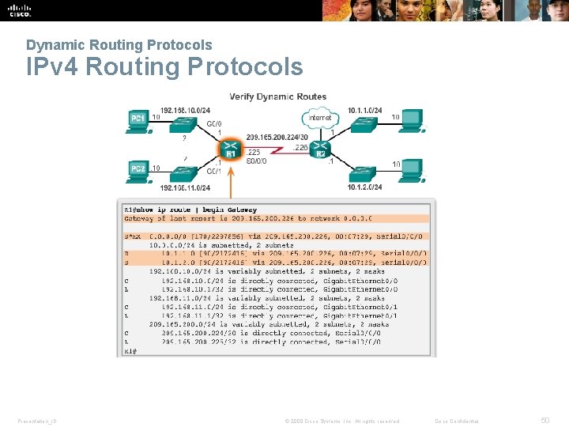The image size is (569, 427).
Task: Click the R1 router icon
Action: tap(230, 148)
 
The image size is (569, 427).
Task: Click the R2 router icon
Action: tap(320, 148)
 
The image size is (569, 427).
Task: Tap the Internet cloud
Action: tap(319, 118)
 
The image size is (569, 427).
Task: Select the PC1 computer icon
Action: tap(138, 119)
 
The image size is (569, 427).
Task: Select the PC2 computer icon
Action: tap(138, 169)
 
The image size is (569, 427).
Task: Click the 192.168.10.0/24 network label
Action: tap(185, 110)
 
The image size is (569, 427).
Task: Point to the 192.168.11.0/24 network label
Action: tap(185, 188)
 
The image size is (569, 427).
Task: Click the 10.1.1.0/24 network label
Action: tap(364, 110)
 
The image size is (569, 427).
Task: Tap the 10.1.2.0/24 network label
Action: tap(364, 187)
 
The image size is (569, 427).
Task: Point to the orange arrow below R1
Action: tap(231, 181)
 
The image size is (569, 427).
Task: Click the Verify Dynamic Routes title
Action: tap(277, 96)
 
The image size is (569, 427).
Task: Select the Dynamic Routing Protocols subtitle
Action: tap(119, 45)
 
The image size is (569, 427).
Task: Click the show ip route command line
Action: tap(190, 210)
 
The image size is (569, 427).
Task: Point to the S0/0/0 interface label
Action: tap(257, 161)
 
